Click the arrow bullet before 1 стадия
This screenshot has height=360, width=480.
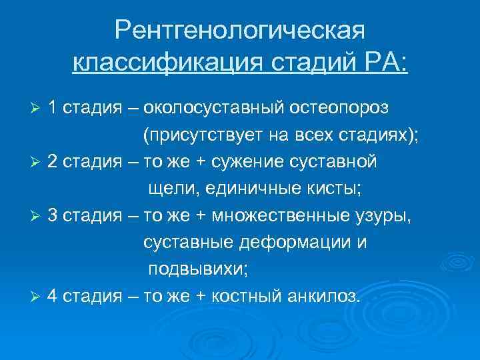coord(38,109)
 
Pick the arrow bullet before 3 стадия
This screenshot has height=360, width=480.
coord(38,216)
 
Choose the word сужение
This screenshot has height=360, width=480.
coord(263,163)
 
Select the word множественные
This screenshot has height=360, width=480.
coord(286,216)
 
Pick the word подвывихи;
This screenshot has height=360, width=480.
coord(191,269)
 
